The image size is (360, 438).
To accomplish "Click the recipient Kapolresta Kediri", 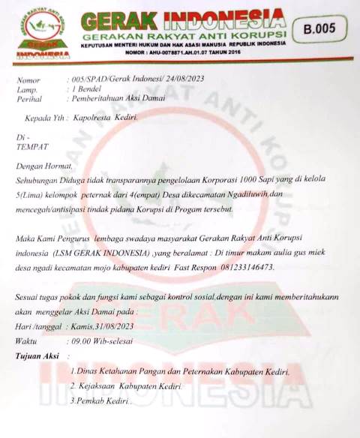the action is point(105,118).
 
